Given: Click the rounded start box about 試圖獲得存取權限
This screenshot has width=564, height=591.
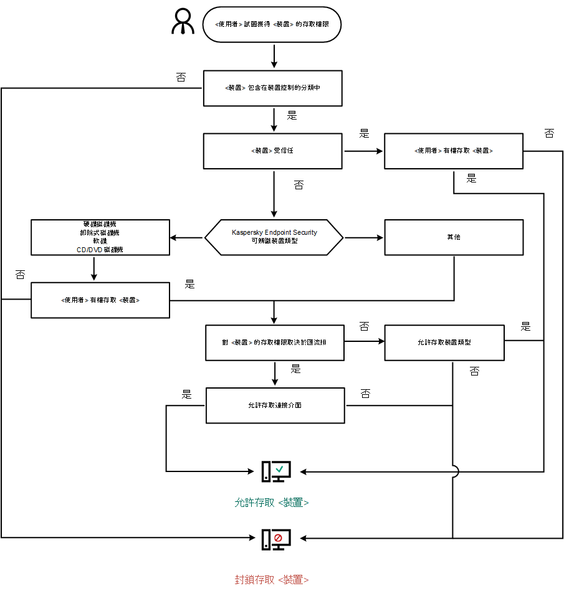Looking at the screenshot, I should coord(272,25).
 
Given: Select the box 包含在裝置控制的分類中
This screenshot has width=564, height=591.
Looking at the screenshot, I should coord(272,88).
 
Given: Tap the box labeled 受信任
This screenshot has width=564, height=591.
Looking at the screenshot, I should coord(272,151).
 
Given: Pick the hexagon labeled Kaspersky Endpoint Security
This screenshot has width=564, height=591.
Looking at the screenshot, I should coord(274,237).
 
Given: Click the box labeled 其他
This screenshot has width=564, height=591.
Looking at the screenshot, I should coord(453,237).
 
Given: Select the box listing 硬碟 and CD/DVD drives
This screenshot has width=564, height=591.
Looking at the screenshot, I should coord(100,237).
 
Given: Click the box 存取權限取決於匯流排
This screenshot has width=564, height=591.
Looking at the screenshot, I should coord(274,343).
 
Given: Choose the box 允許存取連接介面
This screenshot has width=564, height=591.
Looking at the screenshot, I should coord(275,405).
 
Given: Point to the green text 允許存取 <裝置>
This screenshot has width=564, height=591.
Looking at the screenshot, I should coord(272,503).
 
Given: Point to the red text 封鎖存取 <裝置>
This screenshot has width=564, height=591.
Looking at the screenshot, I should coord(272,579).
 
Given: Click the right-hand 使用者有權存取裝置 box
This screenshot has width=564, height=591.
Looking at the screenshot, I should coord(453,151).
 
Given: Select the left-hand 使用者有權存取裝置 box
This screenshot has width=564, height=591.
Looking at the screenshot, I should coord(100,300).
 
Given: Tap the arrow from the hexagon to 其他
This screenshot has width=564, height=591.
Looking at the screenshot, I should coord(364,237).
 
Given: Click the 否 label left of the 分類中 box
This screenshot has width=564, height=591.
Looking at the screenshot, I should coord(181,77).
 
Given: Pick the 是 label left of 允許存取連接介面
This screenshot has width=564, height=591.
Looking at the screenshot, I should coord(186,394).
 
